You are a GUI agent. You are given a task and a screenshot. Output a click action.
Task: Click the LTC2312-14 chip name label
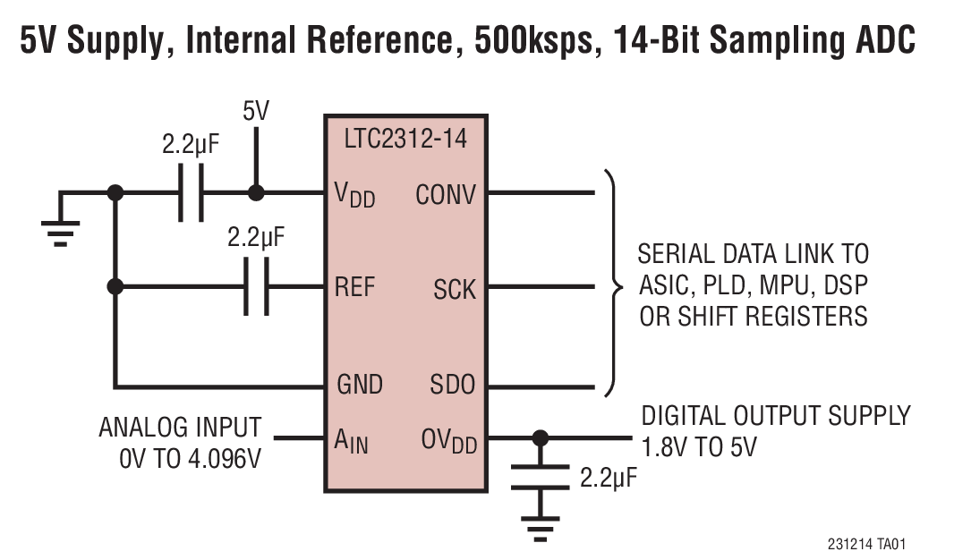(406, 140)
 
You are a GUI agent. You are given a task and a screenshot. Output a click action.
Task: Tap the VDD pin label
(355, 194)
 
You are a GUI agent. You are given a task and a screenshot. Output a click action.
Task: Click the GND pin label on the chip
(359, 385)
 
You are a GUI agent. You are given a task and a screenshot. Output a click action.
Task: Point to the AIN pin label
(351, 439)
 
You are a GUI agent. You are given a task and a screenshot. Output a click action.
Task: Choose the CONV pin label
(446, 194)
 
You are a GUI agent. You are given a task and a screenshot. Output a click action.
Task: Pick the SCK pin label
(455, 289)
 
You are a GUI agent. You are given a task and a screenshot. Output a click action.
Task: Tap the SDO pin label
(453, 385)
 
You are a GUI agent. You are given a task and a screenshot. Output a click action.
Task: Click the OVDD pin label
(448, 440)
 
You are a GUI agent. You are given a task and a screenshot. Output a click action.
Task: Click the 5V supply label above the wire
(256, 112)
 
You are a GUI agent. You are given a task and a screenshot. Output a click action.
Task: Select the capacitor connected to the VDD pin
(191, 192)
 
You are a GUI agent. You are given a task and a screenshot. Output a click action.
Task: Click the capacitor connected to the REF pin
(256, 287)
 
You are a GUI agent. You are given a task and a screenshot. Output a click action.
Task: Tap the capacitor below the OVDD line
(539, 477)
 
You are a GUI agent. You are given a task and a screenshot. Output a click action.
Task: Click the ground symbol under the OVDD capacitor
(539, 530)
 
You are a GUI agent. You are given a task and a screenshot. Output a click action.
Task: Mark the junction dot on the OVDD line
(539, 437)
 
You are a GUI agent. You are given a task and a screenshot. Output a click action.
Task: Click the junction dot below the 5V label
(256, 192)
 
